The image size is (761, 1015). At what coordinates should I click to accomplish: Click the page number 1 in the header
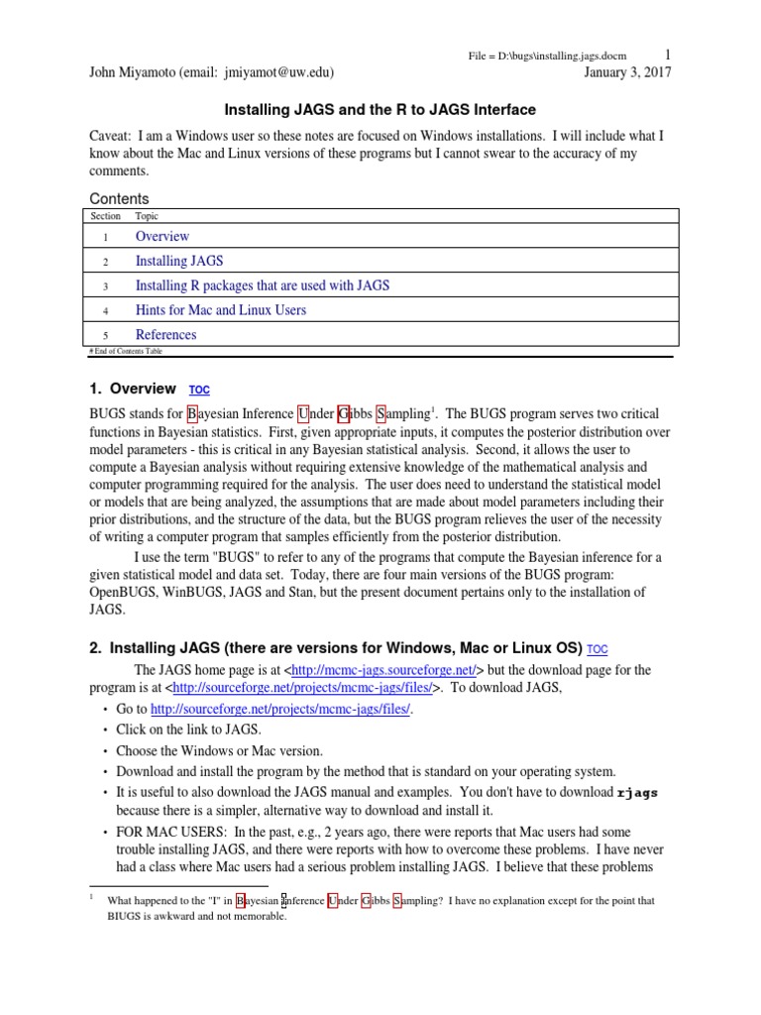click(x=668, y=55)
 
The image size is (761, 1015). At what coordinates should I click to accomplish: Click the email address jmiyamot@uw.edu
click(x=279, y=72)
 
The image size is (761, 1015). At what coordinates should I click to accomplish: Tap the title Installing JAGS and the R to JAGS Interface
click(x=380, y=110)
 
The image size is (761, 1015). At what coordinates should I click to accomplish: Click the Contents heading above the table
click(x=119, y=198)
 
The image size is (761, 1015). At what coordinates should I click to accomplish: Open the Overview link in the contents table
click(x=163, y=236)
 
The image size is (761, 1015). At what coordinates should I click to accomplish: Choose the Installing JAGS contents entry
click(x=179, y=261)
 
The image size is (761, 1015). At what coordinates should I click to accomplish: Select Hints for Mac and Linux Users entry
click(x=220, y=310)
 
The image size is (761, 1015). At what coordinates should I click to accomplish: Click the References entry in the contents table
click(x=165, y=335)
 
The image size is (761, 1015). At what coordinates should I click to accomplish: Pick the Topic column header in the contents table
click(x=147, y=216)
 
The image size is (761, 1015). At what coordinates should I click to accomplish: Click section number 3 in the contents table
click(x=104, y=285)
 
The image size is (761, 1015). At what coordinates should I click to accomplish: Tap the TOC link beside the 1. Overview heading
click(x=199, y=391)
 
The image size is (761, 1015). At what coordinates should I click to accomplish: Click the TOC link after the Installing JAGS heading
click(x=598, y=650)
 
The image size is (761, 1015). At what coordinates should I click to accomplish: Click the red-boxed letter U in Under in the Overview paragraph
click(x=303, y=413)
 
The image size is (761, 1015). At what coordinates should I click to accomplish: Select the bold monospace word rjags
click(x=637, y=792)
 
